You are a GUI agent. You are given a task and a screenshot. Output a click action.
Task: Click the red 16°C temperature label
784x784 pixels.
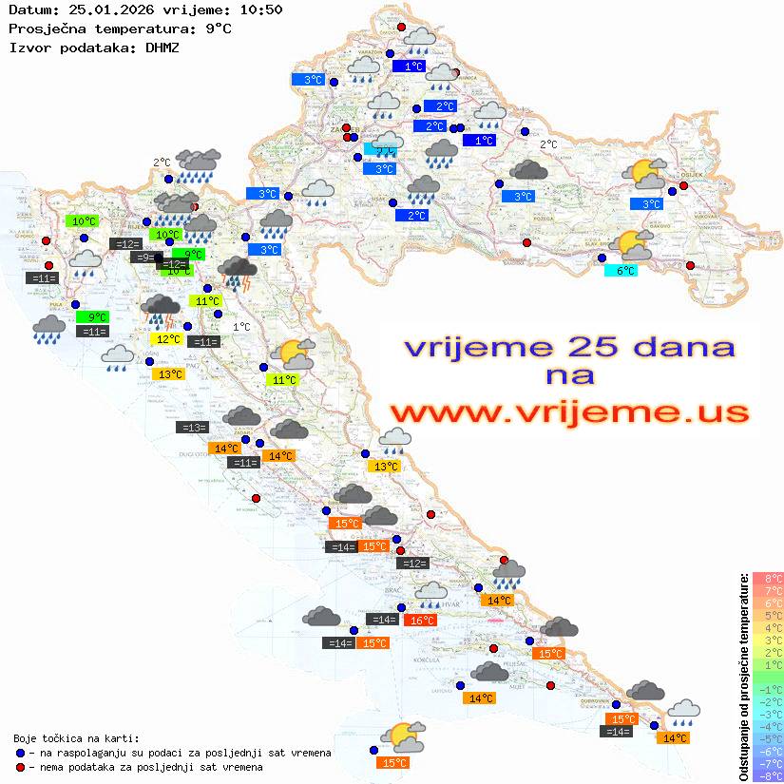421,621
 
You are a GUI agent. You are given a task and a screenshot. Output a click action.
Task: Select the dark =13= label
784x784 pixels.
191,428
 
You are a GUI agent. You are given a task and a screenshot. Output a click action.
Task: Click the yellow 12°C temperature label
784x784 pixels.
166,338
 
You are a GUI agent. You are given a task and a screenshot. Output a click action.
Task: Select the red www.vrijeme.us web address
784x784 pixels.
568,412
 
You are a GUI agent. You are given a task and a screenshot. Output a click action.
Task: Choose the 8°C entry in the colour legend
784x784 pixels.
768,578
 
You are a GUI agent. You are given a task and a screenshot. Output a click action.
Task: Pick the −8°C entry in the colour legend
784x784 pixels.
767,775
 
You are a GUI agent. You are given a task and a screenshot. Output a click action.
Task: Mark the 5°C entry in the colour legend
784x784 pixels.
768,615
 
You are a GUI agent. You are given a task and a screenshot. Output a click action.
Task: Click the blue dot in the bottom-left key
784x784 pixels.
20,753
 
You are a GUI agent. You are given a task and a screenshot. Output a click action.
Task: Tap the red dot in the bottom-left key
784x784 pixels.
20,766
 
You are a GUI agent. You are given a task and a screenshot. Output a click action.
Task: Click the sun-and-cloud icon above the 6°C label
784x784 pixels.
632,244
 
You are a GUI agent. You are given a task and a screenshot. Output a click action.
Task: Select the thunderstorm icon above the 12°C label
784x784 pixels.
161,309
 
